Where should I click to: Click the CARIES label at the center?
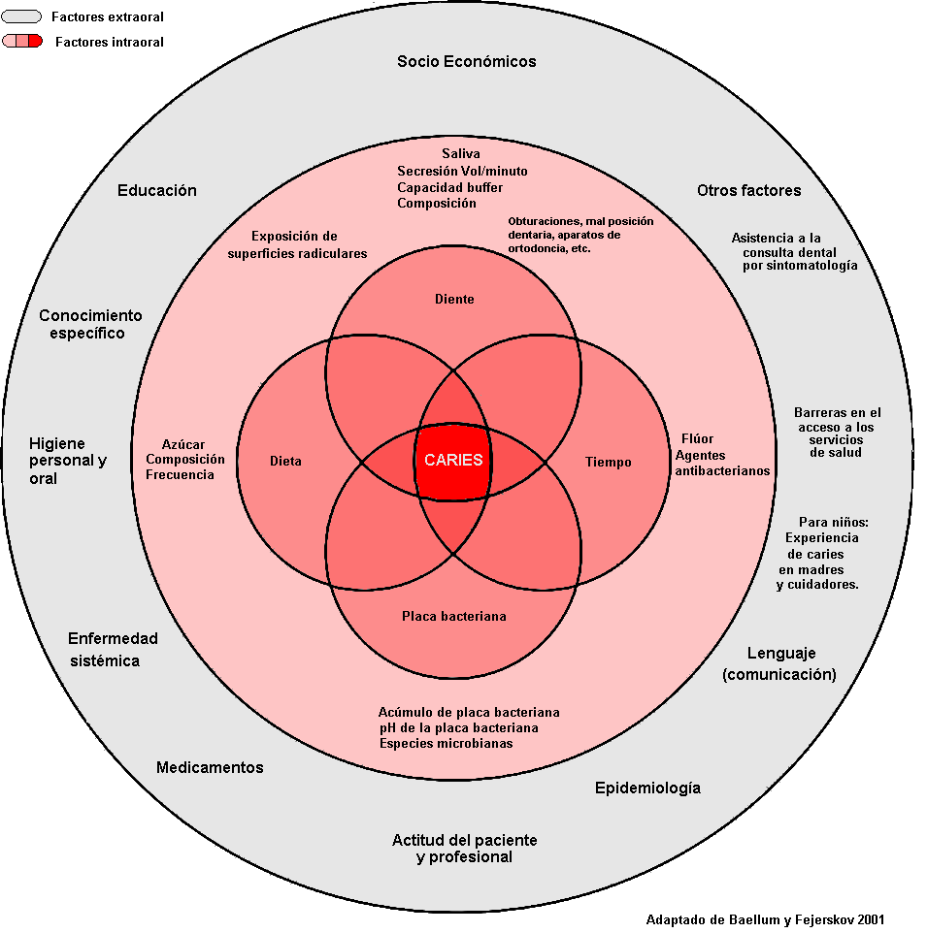453,461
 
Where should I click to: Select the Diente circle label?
454,300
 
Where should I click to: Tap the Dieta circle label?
285,462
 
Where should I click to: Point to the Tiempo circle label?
608,462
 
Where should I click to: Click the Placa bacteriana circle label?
453,616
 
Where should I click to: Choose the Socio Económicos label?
466,61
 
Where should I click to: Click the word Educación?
157,190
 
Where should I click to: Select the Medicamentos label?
210,767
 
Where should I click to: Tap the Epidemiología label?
647,788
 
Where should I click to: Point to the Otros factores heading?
748,190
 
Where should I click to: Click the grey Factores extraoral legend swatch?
21,16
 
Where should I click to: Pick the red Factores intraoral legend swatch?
21,42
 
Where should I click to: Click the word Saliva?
461,153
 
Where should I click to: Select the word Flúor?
697,438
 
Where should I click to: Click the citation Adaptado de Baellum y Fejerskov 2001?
765,919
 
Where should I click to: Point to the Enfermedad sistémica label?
112,650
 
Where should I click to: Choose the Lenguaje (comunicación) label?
779,663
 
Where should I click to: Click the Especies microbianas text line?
446,743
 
